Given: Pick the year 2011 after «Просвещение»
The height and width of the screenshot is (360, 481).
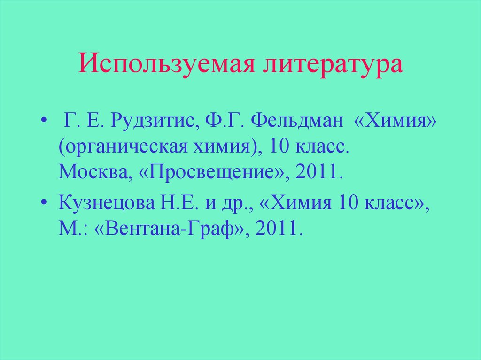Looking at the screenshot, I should tap(316, 173).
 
